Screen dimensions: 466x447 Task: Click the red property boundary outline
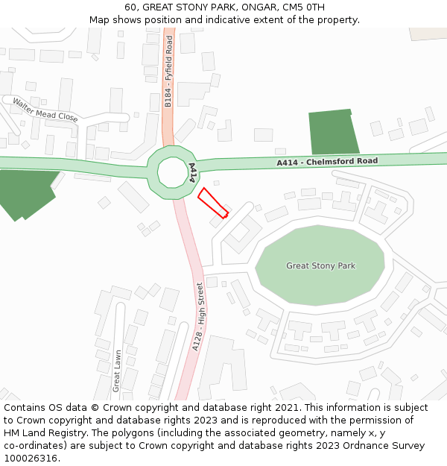[x=212, y=202]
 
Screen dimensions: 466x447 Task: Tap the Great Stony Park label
[x=320, y=265]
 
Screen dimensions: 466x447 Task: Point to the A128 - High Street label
[x=197, y=317]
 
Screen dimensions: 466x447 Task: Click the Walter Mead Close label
[x=45, y=110]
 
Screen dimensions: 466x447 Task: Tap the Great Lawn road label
[x=116, y=371]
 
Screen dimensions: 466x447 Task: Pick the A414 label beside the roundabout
[x=192, y=173]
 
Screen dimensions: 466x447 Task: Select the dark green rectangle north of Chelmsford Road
[x=333, y=133]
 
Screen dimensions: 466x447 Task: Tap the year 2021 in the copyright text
[x=287, y=408]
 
